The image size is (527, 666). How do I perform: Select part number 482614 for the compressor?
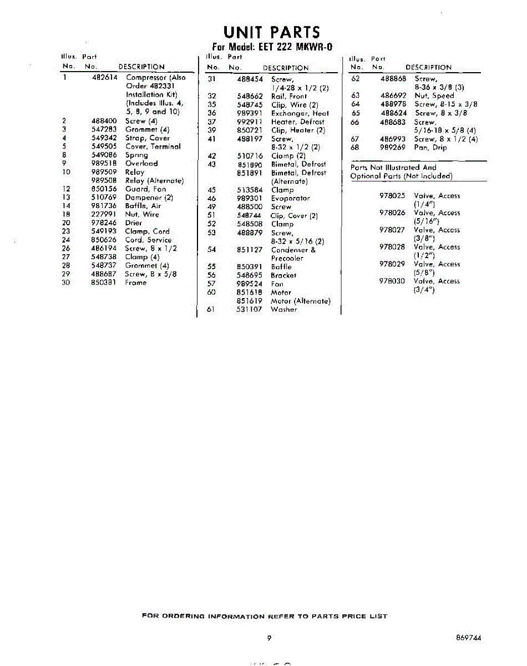105,78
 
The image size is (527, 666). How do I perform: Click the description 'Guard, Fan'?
145,189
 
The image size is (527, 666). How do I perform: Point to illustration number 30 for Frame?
66,282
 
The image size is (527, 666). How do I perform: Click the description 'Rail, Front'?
288,96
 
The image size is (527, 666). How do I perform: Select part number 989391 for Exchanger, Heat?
249,113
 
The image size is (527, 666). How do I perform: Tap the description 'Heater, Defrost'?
297,122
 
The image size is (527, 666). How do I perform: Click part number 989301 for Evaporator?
249,198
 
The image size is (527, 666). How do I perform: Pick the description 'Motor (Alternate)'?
300,301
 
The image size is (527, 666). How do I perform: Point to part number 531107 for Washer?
249,310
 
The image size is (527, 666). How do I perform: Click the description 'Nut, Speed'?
434,95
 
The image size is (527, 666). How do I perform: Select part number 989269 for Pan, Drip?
393,148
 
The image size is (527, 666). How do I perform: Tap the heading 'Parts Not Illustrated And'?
393,167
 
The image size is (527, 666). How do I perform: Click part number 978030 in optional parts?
392,281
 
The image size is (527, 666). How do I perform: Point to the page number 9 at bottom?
268,638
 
